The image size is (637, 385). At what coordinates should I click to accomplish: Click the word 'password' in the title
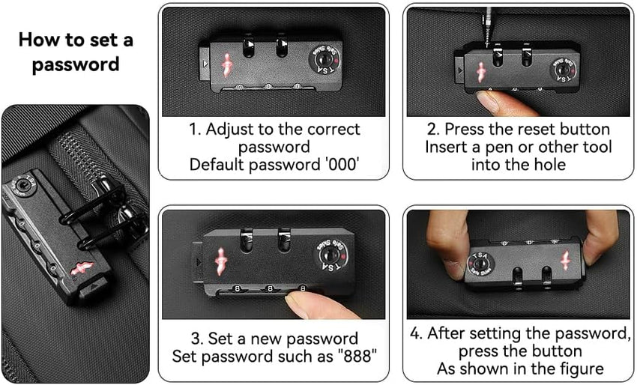76,64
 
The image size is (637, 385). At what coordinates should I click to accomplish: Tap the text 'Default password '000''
274,165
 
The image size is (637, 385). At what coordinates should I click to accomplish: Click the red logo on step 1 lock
226,65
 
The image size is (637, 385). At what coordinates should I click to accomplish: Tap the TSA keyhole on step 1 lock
324,60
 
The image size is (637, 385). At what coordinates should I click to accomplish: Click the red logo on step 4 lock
566,261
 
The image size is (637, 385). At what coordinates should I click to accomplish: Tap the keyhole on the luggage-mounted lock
19,187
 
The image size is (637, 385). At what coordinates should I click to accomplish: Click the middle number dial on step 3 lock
269,289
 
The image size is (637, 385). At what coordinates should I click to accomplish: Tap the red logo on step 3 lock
220,261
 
